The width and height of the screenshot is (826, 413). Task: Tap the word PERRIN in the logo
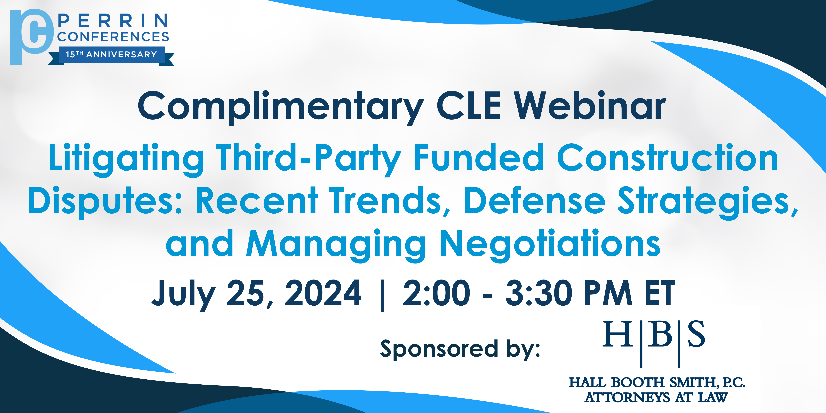[x=113, y=21]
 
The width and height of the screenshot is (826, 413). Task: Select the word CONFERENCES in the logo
[x=113, y=37]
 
